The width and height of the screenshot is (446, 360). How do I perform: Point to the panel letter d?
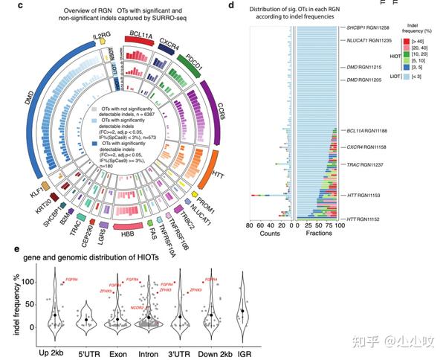click(232, 4)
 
